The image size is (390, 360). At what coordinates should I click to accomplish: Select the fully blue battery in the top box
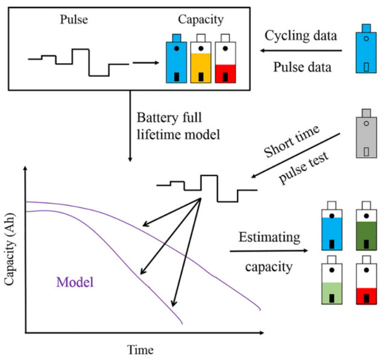tap(176, 58)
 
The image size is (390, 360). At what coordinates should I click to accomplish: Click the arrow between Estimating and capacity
tap(269, 251)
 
